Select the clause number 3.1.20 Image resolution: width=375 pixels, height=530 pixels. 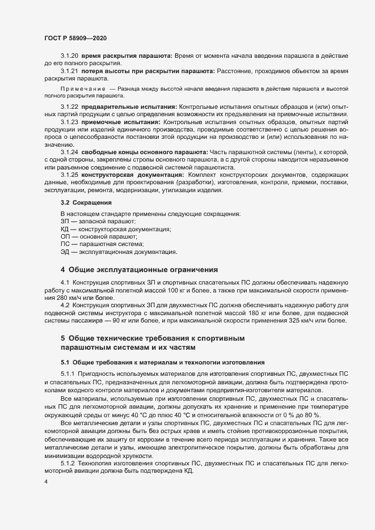point(69,58)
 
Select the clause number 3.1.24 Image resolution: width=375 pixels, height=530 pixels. point(69,152)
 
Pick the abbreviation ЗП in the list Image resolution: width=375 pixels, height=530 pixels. point(65,221)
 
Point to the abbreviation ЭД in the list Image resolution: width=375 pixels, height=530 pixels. point(65,251)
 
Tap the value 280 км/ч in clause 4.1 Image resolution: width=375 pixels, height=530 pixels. point(70,298)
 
